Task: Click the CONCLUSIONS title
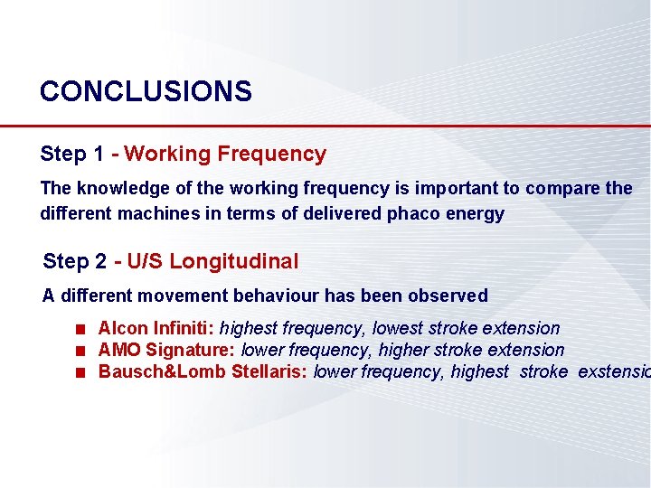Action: (146, 91)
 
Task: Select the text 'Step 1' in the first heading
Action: (71, 155)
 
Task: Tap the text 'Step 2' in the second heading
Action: (74, 262)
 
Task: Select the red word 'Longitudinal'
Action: (233, 262)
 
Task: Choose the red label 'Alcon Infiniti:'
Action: (156, 328)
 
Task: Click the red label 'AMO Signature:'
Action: (166, 350)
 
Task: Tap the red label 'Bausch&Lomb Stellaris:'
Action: (203, 371)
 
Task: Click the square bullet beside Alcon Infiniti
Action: (80, 329)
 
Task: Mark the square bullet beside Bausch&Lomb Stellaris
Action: (80, 372)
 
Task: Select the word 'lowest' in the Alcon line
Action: (400, 328)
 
